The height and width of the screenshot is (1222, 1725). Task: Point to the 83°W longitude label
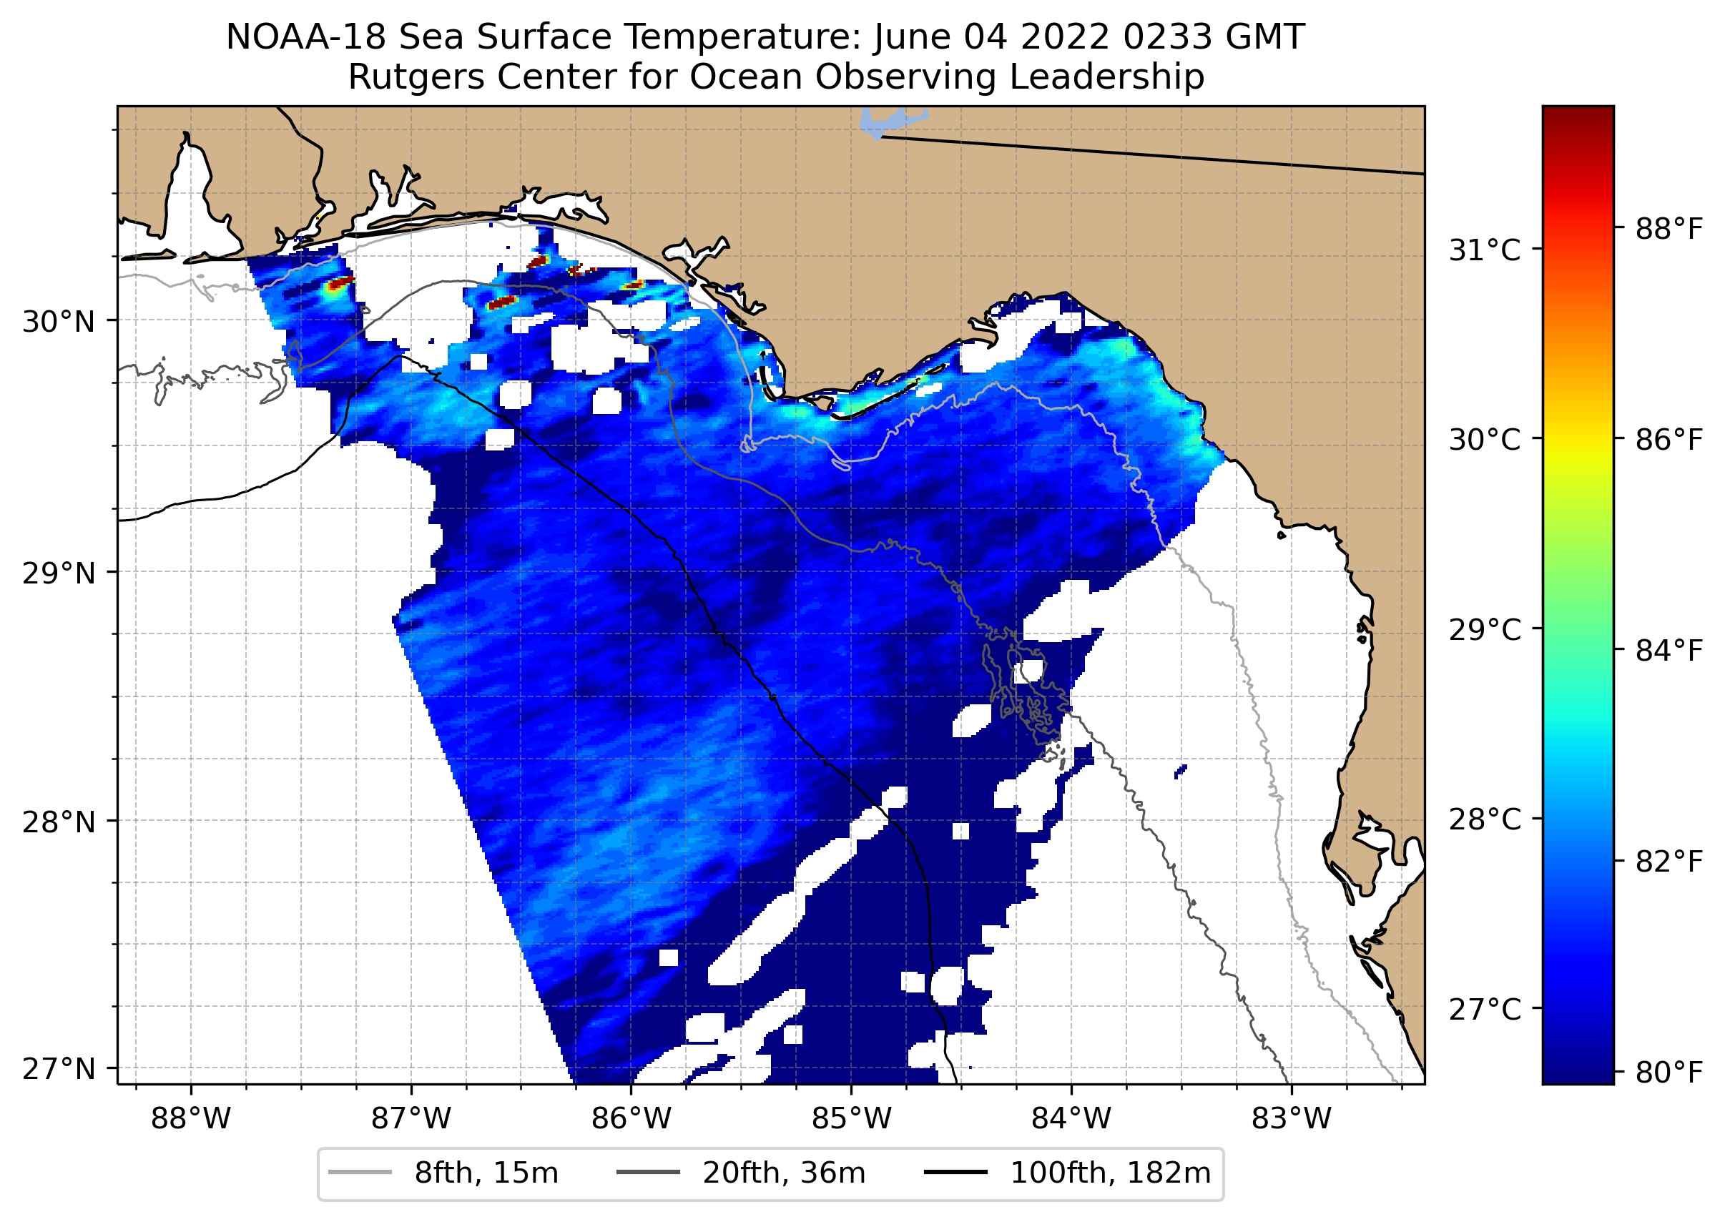(1292, 1119)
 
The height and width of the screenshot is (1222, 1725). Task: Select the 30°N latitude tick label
(59, 322)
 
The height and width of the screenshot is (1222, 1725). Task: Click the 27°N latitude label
(59, 1068)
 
